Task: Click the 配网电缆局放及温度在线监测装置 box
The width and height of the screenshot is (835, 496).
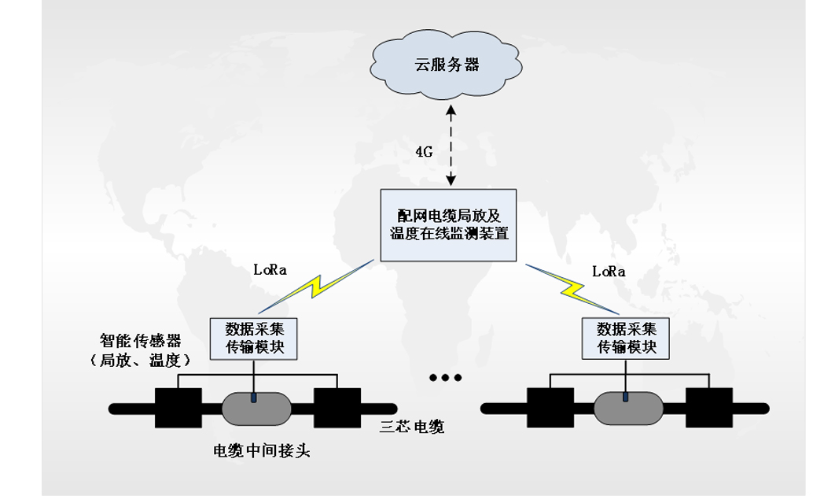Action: pyautogui.click(x=449, y=224)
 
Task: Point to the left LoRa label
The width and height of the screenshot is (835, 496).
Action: pyautogui.click(x=270, y=269)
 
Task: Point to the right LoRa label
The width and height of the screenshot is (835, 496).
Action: pyautogui.click(x=609, y=272)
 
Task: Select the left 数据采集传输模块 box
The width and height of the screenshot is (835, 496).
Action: pyautogui.click(x=253, y=337)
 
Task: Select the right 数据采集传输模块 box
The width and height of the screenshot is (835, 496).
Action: pyautogui.click(x=626, y=337)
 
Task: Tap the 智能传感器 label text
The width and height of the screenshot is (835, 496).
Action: pyautogui.click(x=141, y=342)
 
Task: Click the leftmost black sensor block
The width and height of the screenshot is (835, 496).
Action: pyautogui.click(x=178, y=407)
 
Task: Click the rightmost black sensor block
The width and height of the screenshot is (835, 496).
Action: pyautogui.click(x=708, y=407)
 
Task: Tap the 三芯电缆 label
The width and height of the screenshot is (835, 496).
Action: pyautogui.click(x=412, y=428)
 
